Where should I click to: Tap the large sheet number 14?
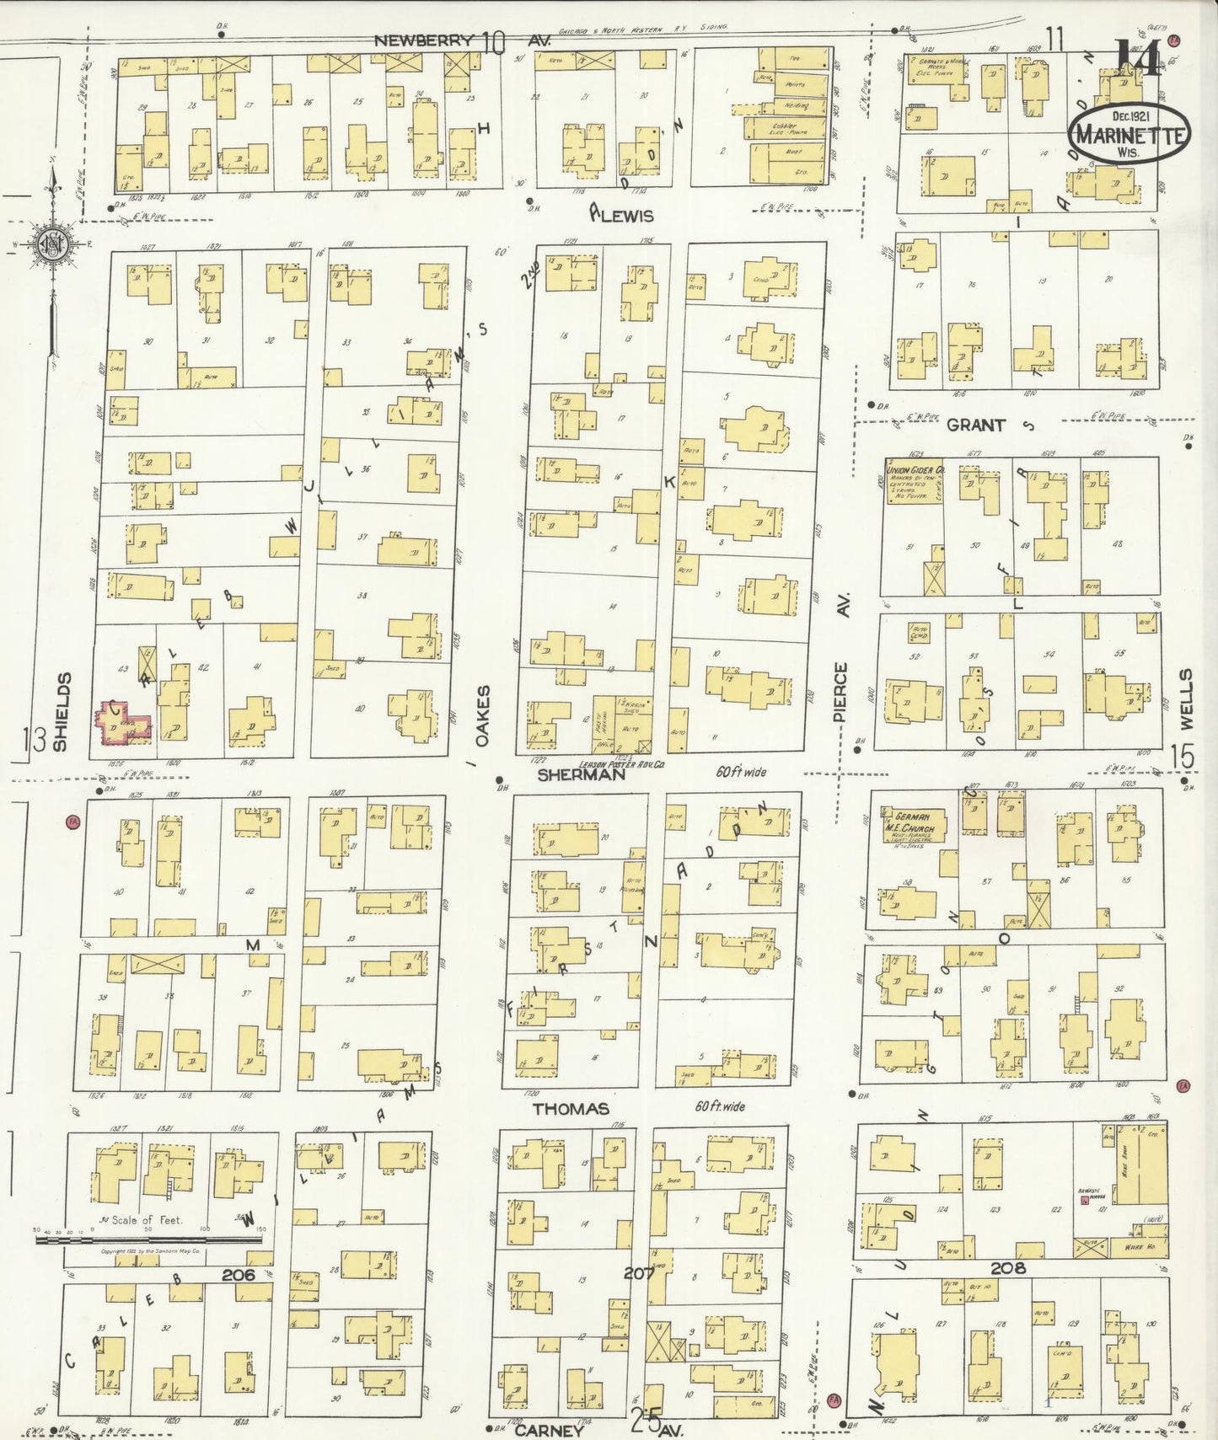1139,57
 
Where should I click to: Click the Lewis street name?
626,216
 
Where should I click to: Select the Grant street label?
975,425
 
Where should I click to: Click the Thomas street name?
570,1109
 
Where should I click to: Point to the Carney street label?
549,1430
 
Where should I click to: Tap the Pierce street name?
840,692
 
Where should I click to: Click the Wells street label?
1186,699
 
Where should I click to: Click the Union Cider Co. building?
913,481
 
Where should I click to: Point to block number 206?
238,1275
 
